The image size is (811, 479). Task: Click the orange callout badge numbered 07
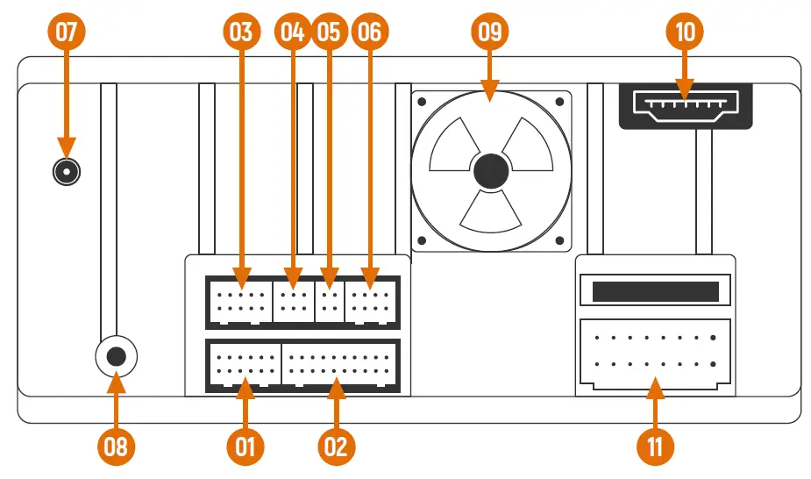point(67,32)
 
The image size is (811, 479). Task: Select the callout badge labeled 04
point(292,32)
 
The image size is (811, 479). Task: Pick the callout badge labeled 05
point(329,32)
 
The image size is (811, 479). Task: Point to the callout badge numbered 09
point(490,32)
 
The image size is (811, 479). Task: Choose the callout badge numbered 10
point(686,32)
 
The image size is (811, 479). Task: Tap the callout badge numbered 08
point(116,447)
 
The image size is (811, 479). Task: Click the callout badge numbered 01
point(245,447)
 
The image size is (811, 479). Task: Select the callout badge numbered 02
point(336,447)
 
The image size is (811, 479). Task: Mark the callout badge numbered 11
point(655,447)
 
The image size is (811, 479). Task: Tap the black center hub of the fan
point(491,171)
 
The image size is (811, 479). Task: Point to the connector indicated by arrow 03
point(238,302)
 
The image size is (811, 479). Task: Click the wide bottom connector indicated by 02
point(340,364)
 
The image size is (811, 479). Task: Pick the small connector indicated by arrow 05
point(330,302)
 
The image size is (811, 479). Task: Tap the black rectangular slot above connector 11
point(655,291)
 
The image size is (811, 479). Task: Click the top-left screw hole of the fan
point(423,102)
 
